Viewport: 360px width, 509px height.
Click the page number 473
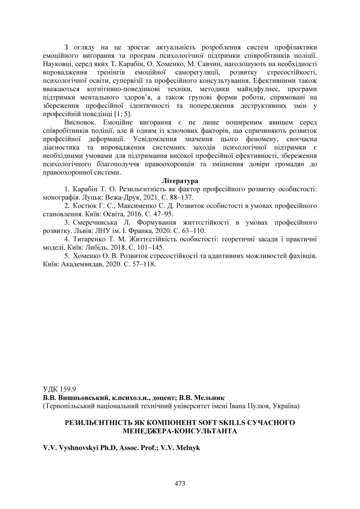tap(180, 483)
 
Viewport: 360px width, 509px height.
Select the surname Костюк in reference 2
tap(85, 206)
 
